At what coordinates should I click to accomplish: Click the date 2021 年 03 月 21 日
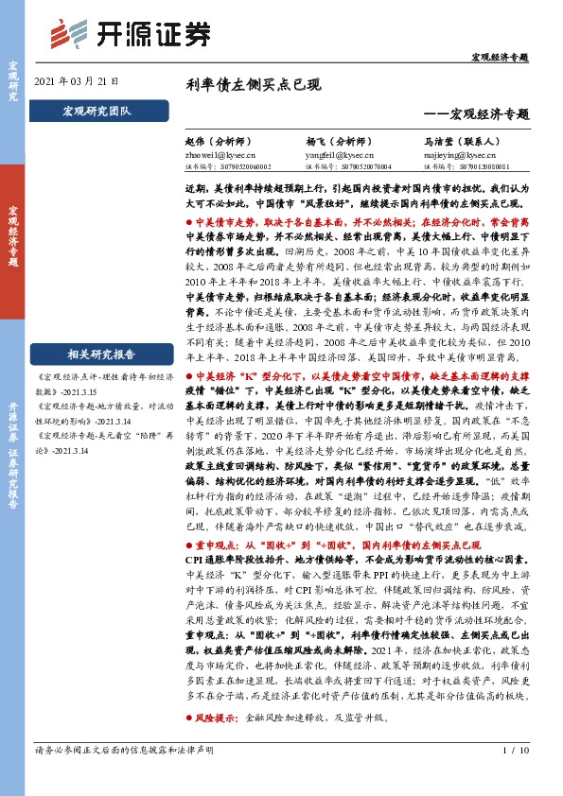(x=77, y=82)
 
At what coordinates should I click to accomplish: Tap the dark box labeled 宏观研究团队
(x=97, y=112)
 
